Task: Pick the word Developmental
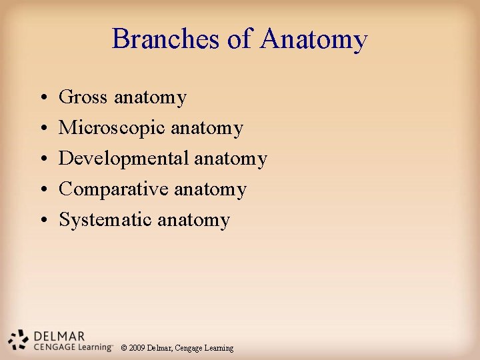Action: [124, 159]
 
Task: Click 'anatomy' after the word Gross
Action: [151, 98]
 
